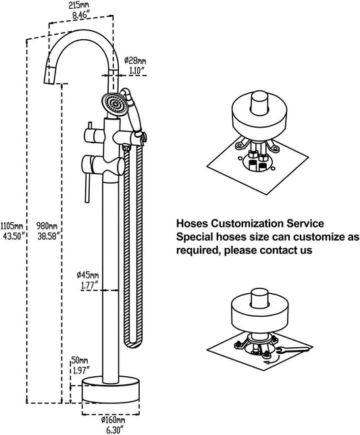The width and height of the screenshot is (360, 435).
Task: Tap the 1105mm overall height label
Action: (11, 226)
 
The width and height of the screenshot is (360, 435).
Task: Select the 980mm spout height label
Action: (47, 226)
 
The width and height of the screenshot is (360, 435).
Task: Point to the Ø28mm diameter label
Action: (135, 60)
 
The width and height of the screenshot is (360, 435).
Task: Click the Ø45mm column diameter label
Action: (88, 276)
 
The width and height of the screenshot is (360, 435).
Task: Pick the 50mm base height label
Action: (80, 361)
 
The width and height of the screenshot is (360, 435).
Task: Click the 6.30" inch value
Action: (113, 430)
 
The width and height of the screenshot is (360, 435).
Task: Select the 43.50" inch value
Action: (14, 236)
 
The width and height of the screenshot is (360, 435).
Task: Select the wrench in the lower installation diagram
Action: (292, 350)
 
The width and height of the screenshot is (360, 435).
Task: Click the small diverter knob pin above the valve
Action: (90, 126)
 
